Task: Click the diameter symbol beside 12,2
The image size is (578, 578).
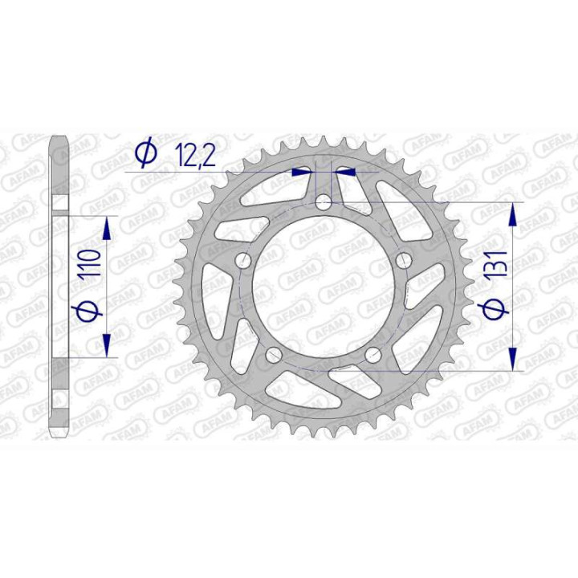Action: [x=145, y=153]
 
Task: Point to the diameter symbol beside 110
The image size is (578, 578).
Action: [x=88, y=309]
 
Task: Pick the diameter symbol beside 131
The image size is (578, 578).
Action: [x=495, y=309]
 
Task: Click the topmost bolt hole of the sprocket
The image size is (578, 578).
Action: [x=323, y=202]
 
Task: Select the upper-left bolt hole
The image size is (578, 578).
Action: [x=242, y=261]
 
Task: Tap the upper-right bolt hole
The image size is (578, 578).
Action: [x=404, y=261]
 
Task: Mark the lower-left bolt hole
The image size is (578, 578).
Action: [x=273, y=356]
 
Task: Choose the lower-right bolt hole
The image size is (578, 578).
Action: [x=372, y=356]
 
